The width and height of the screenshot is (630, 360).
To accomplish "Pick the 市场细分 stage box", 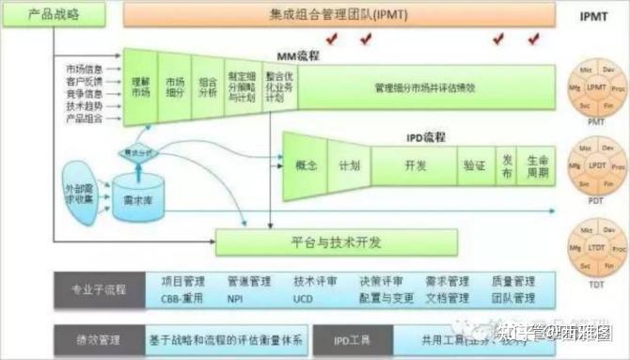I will [x=174, y=87].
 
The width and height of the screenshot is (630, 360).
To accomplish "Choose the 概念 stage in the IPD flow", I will [x=307, y=164].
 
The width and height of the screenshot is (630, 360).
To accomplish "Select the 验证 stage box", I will [x=474, y=164].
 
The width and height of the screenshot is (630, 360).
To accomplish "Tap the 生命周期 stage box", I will [x=538, y=164].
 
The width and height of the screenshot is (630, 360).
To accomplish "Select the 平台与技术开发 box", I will [x=337, y=242].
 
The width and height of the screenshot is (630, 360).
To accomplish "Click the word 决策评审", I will [x=381, y=280].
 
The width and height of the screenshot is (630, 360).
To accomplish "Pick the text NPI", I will [x=235, y=298].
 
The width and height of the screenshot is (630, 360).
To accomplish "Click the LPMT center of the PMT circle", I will [x=595, y=86].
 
